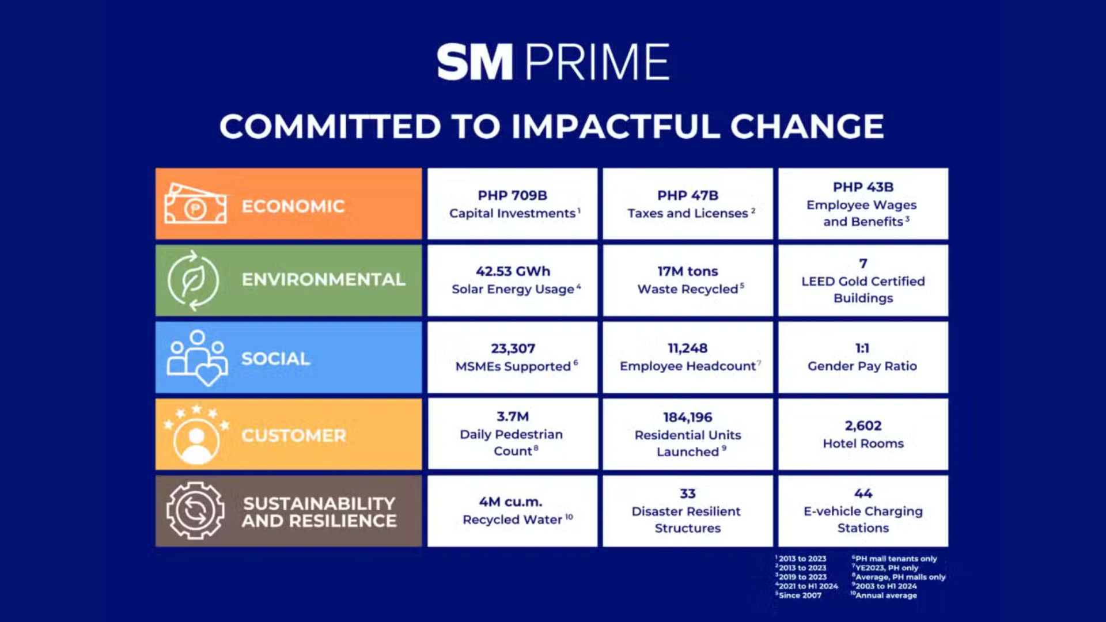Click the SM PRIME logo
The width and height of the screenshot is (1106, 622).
pos(553,62)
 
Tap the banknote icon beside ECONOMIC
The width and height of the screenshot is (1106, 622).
pos(195,204)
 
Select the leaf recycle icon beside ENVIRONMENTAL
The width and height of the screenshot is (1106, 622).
pos(193,280)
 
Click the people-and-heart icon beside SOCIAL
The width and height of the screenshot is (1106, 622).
pos(197,358)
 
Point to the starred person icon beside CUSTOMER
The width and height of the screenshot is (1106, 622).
pos(196,434)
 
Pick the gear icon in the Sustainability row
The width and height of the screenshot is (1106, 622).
pos(195,511)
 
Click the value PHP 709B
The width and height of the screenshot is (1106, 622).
pos(512,196)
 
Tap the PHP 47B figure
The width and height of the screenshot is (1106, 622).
pos(688,196)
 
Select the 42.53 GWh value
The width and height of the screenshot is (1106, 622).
pos(513,271)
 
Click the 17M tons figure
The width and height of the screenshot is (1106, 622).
pos(688,271)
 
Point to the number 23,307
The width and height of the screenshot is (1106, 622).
pos(513,348)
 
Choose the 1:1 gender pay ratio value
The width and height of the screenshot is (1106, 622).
pos(862,348)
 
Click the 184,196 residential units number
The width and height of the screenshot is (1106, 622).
pos(688,417)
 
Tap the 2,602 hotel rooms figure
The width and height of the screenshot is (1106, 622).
pos(863,426)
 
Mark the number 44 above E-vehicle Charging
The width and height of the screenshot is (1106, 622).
pos(863,494)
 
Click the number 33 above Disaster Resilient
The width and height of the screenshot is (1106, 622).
pos(688,494)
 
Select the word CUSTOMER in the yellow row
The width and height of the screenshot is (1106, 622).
pos(294,435)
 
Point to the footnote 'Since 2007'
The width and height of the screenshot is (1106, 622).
pos(800,596)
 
